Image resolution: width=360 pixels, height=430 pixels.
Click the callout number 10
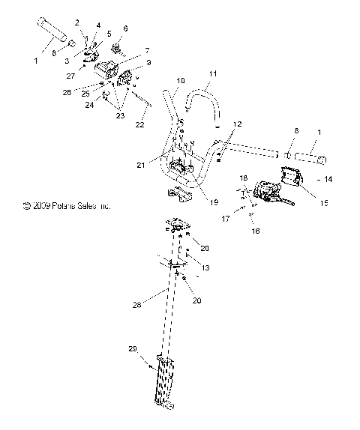tap(180, 80)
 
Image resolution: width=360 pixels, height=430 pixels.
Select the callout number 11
tap(212, 74)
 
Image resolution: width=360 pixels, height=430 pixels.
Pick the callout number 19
tap(193, 202)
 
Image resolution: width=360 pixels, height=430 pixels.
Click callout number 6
tap(124, 28)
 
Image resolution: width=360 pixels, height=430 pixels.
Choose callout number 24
tap(90, 105)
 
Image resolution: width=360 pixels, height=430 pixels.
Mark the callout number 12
tap(237, 123)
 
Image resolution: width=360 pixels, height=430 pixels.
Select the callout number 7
tap(147, 49)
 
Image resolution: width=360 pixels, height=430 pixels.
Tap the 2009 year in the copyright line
tap(38, 205)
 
